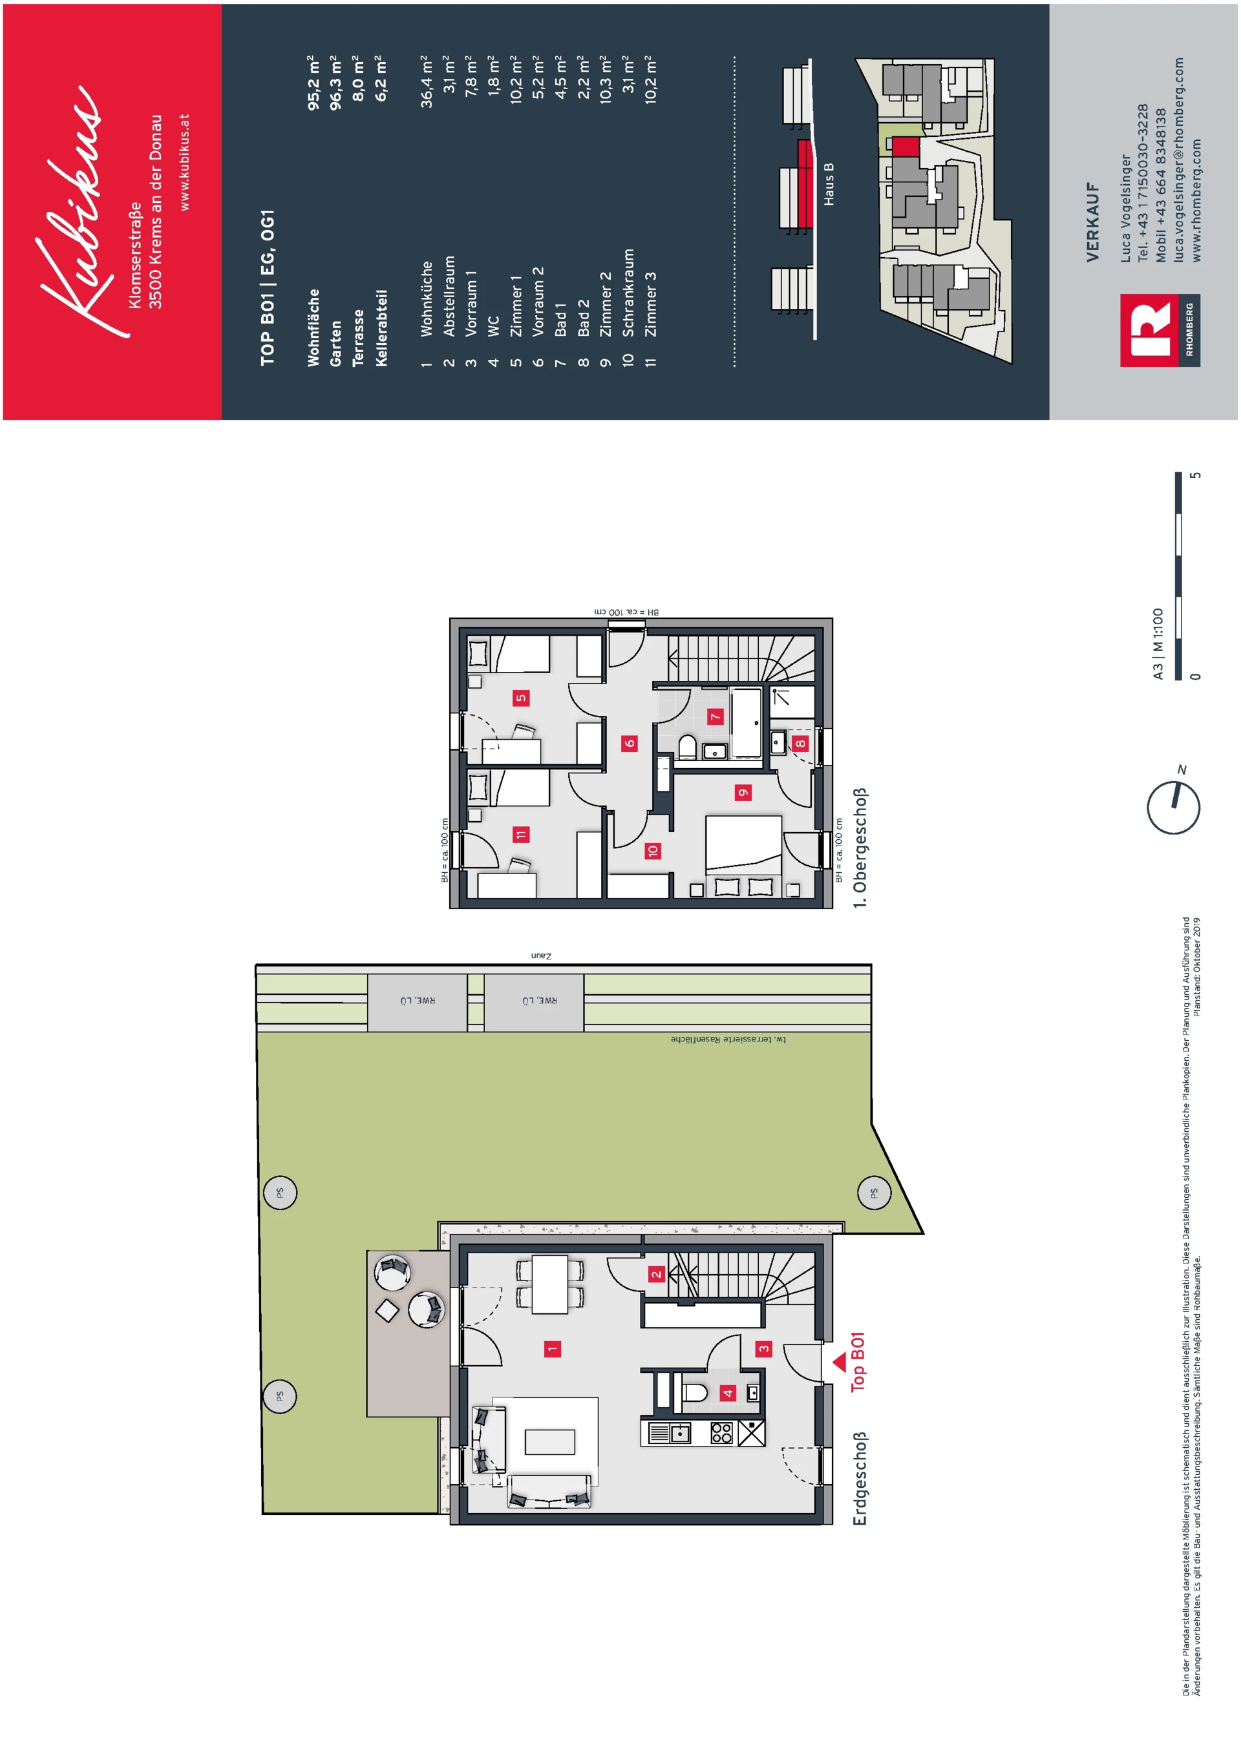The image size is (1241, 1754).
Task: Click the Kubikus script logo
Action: [x=72, y=210]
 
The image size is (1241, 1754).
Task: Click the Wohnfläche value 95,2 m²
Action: [x=314, y=83]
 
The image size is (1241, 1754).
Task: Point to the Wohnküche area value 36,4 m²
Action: [x=427, y=82]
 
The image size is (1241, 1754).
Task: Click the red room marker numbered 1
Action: [x=553, y=1349]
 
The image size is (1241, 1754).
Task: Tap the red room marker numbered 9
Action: [x=743, y=792]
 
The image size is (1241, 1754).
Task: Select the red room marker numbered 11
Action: [x=521, y=834]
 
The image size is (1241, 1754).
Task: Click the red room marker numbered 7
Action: [x=716, y=716]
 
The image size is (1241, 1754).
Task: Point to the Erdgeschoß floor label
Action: [x=860, y=1479]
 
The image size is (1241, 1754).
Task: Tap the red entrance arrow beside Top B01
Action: [x=839, y=1361]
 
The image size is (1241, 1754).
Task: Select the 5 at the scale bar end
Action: [x=1196, y=475]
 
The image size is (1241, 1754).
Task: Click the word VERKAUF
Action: [x=1093, y=222]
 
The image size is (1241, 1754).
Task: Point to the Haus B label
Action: [x=829, y=184]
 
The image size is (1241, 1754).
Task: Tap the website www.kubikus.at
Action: [x=184, y=162]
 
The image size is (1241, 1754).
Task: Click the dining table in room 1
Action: [x=550, y=1284]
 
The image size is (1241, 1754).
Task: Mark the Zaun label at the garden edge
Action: [x=540, y=955]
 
